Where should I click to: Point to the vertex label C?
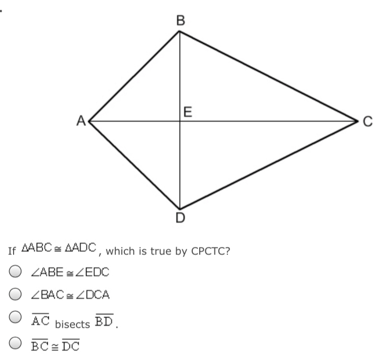[x=367, y=121]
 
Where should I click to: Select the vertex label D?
[x=180, y=219]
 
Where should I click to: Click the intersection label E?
[x=188, y=112]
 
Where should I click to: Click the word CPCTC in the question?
[x=210, y=251]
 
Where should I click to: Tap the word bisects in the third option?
[x=72, y=324]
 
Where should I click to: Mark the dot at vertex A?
[x=90, y=121]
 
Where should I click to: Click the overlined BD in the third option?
[x=104, y=320]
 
